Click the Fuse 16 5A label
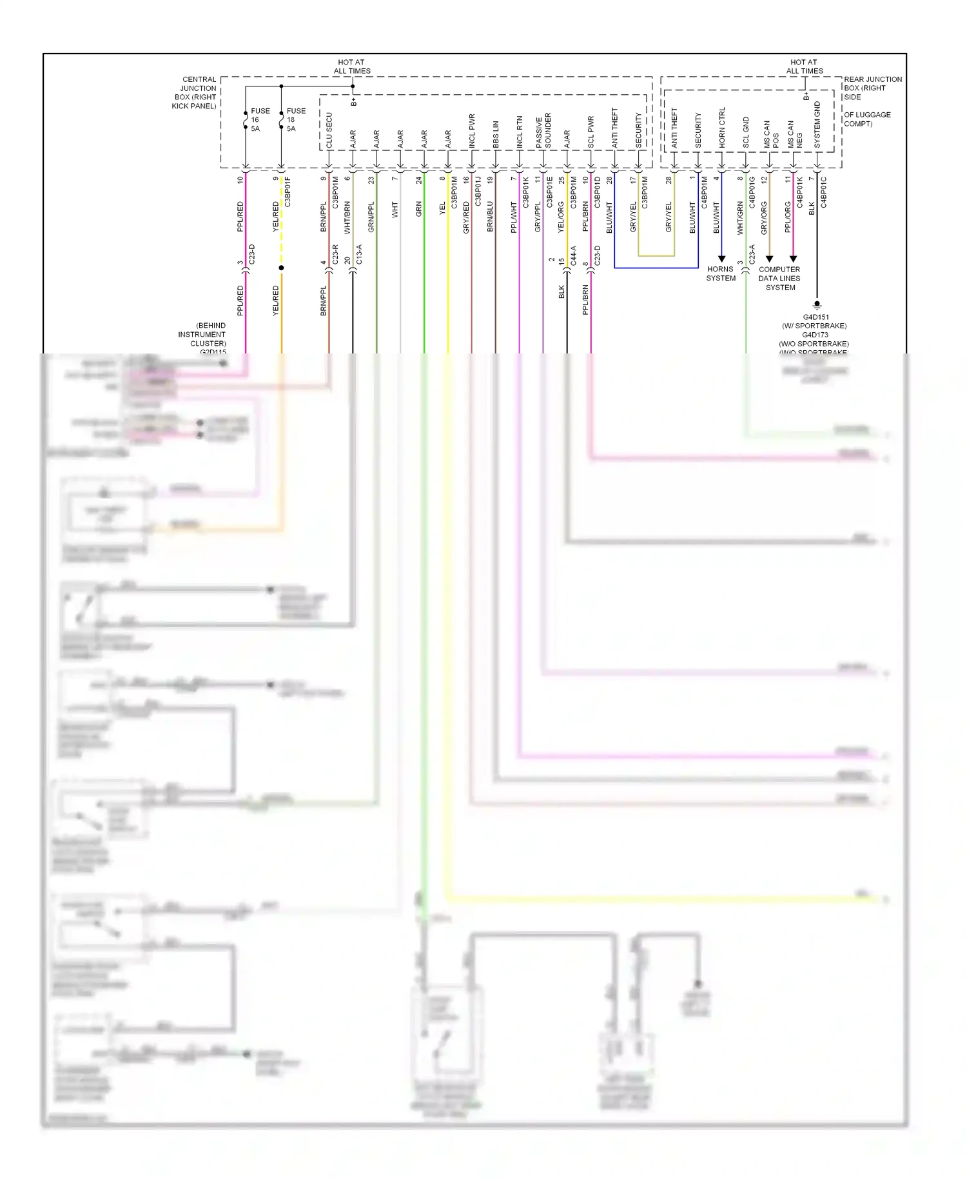tap(260, 120)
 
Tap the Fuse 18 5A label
tap(296, 120)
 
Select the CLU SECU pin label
tap(329, 131)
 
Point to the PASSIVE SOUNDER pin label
tap(543, 131)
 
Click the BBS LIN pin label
tap(496, 135)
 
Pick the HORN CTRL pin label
tap(722, 128)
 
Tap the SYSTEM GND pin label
tap(817, 125)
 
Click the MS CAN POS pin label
tap(771, 134)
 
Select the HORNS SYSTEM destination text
tap(721, 273)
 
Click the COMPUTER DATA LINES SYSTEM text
tap(779, 278)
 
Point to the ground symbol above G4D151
tap(817, 304)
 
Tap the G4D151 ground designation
tap(816, 317)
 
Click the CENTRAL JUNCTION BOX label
tap(195, 93)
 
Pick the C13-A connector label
tap(359, 254)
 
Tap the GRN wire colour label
tap(418, 208)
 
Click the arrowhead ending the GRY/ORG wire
tap(769, 259)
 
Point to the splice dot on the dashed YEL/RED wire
tap(281, 268)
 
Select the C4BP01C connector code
tap(824, 192)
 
